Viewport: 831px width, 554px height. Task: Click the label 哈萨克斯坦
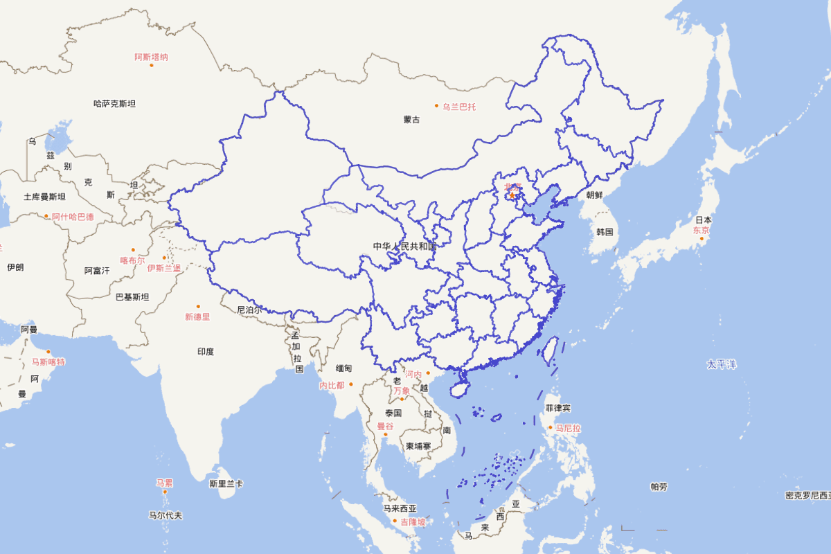click(114, 104)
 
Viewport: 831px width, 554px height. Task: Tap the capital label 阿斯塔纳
click(151, 57)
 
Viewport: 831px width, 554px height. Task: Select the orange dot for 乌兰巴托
click(436, 106)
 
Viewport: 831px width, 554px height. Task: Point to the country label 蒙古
click(411, 120)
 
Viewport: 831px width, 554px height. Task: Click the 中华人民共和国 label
click(405, 247)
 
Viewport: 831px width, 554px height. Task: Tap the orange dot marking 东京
click(701, 239)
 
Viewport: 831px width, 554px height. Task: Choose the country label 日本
click(703, 220)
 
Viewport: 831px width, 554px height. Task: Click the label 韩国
click(605, 231)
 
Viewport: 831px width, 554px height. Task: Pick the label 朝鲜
click(595, 195)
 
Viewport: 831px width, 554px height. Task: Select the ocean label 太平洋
click(721, 364)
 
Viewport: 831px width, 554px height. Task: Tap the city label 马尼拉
click(568, 429)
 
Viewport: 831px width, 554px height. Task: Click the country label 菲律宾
click(557, 408)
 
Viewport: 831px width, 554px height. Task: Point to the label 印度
click(206, 352)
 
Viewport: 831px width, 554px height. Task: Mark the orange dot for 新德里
click(198, 306)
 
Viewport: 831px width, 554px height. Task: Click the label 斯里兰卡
click(226, 483)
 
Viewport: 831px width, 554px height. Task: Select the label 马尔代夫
click(166, 515)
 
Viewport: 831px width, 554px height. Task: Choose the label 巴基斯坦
click(132, 297)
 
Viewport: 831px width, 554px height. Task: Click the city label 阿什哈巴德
click(73, 217)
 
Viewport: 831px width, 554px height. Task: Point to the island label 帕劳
click(659, 487)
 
